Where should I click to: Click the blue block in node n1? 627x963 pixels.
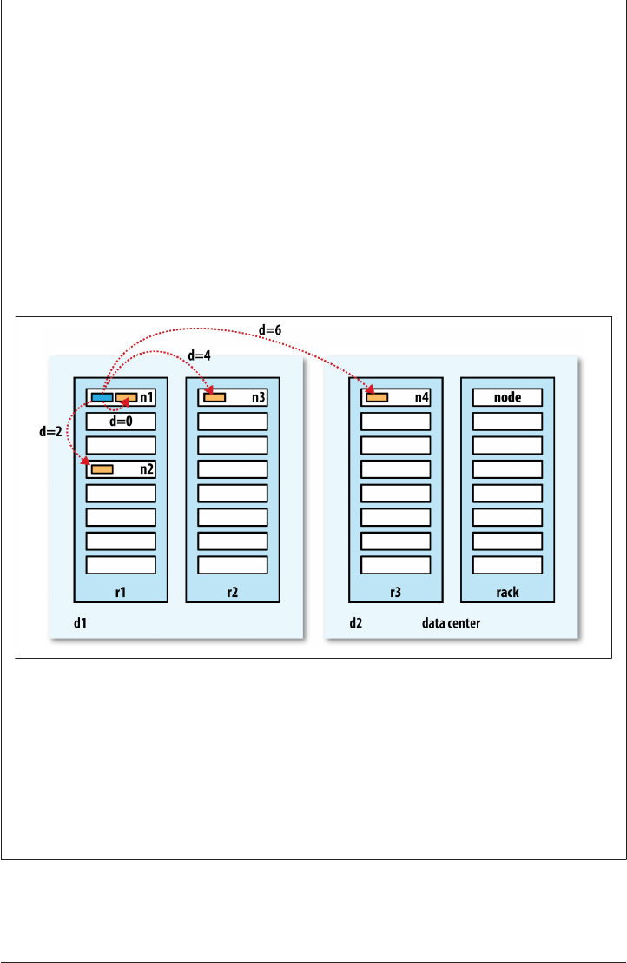(102, 398)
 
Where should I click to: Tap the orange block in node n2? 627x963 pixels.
(102, 469)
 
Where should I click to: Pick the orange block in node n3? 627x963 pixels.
(214, 398)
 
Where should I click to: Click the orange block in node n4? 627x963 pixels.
(377, 398)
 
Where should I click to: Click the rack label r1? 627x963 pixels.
(121, 592)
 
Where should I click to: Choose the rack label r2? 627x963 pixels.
(233, 592)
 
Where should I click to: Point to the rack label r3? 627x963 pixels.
(396, 592)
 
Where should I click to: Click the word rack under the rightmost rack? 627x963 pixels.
(508, 592)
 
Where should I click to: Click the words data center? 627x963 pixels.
(452, 623)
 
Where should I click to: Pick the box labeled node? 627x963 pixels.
(507, 398)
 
